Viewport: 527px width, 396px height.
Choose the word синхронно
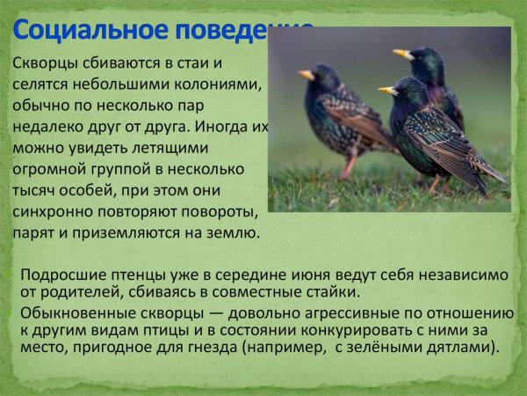(54, 212)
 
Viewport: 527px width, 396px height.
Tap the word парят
(33, 233)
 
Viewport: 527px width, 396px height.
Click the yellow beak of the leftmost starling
(306, 75)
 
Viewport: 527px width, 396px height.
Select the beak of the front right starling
(387, 90)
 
